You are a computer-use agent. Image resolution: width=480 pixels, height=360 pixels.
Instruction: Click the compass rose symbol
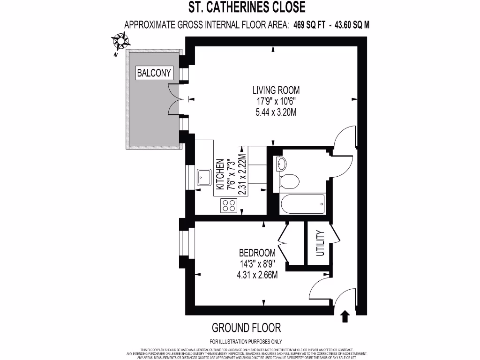coord(121,41)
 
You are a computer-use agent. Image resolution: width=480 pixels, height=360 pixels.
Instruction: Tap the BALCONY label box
coord(155,73)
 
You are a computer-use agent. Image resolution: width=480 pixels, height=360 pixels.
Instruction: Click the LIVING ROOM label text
coord(276,90)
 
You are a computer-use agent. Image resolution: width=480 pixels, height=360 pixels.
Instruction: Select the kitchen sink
coord(204,177)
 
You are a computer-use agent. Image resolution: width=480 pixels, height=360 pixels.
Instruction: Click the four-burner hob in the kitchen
coord(229,205)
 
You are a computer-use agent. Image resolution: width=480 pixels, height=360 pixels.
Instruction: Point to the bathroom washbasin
coord(282,164)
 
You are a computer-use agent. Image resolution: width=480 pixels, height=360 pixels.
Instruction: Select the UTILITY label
coord(320,243)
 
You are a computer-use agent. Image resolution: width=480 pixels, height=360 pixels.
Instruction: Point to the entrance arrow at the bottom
coord(345,316)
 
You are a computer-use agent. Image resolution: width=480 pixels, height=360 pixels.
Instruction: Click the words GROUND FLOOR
coord(246,327)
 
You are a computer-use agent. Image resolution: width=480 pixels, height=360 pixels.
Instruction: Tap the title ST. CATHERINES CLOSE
coord(247,7)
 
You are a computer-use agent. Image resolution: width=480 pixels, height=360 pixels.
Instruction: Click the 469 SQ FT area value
coord(309,25)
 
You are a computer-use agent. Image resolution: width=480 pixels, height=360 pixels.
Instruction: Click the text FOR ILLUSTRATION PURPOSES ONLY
coord(246,341)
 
